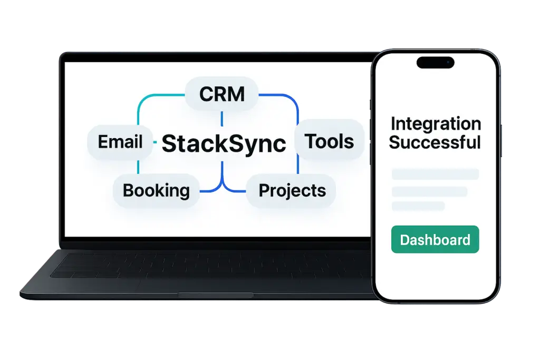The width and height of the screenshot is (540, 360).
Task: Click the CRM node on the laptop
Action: tap(221, 94)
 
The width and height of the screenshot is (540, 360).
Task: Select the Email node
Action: tap(120, 142)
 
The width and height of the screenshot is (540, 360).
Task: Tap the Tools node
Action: tap(330, 141)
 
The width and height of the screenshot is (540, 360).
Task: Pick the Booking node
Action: tap(156, 190)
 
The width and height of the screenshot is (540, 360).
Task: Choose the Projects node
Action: tap(292, 190)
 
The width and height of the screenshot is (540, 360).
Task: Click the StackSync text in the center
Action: tap(224, 143)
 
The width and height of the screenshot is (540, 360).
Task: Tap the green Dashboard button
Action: tap(435, 240)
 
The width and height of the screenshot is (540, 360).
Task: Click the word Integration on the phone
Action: tap(436, 124)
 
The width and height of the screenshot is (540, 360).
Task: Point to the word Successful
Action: tap(435, 142)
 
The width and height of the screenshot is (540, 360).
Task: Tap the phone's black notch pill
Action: tap(435, 63)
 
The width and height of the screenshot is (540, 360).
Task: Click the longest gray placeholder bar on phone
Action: tap(435, 174)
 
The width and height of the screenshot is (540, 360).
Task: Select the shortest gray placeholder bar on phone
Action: tap(418, 206)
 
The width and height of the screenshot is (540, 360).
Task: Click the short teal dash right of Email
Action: tap(154, 142)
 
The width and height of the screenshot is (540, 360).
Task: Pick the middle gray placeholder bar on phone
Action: tap(429, 191)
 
